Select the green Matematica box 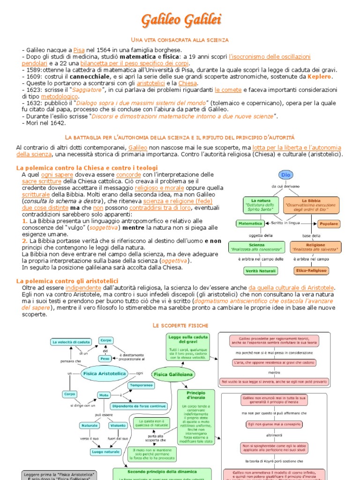(250, 224)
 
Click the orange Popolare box (329, 224)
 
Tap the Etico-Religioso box (311, 270)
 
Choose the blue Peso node (105, 358)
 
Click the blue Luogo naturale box (105, 451)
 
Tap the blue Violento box (118, 426)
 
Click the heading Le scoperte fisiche (180, 325)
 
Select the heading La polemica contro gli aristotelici (67, 281)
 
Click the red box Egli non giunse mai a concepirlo (274, 425)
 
